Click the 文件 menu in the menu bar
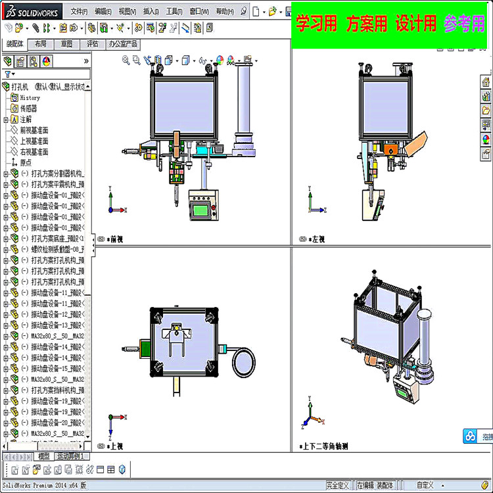point(79,11)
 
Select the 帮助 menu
point(225,11)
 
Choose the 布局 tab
point(41,44)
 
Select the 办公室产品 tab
point(123,44)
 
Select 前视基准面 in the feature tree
point(34,130)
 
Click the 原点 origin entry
point(26,162)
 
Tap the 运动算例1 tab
point(70,456)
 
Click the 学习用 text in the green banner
point(317,24)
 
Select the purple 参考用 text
point(463,24)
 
